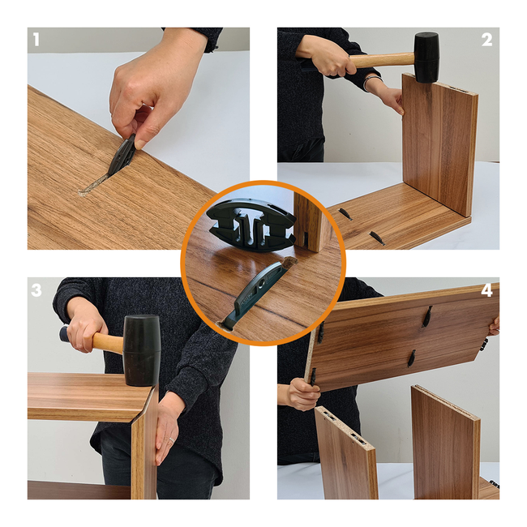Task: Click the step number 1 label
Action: pyautogui.click(x=36, y=41)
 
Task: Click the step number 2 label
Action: pyautogui.click(x=487, y=41)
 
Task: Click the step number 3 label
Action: pyautogui.click(x=36, y=290)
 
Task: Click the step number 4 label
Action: pyautogui.click(x=487, y=290)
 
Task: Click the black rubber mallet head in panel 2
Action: pyautogui.click(x=426, y=57)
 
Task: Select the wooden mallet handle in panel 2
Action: pyautogui.click(x=383, y=62)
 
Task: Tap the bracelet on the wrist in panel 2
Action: pyautogui.click(x=372, y=82)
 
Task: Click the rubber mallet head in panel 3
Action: pyautogui.click(x=142, y=350)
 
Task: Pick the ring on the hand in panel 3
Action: pyautogui.click(x=171, y=440)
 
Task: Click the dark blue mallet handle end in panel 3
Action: pyautogui.click(x=64, y=332)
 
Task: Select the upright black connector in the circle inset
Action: pyautogui.click(x=251, y=225)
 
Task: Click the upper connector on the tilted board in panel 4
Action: pyautogui.click(x=427, y=316)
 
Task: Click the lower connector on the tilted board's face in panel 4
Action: pyautogui.click(x=411, y=358)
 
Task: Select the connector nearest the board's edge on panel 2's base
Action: pyautogui.click(x=377, y=238)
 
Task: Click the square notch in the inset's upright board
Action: pyautogui.click(x=307, y=238)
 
